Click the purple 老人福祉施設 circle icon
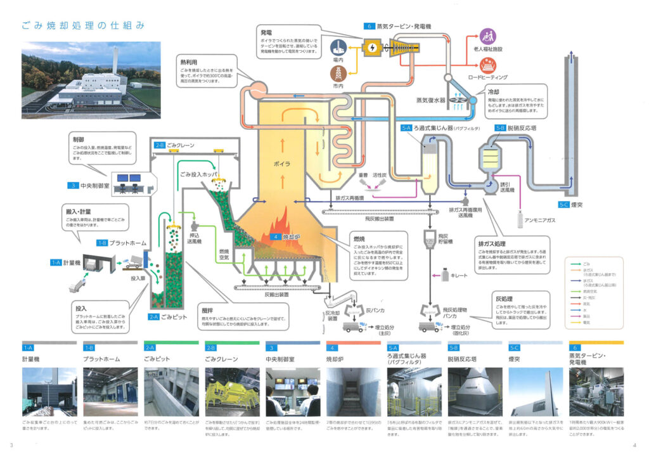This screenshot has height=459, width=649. [x=488, y=36]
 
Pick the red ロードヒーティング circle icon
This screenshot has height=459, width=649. [x=488, y=64]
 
